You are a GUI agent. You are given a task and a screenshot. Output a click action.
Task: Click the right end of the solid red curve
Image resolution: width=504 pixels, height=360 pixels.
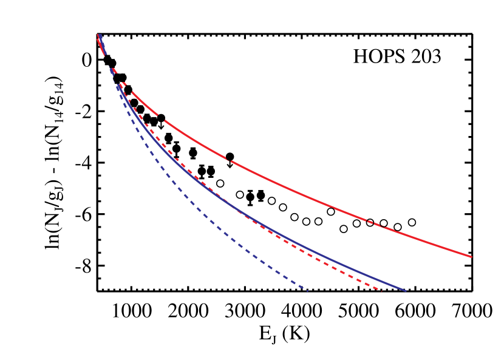pos(471,256)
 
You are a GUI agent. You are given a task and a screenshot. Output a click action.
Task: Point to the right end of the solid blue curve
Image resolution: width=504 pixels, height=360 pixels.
pos(404,291)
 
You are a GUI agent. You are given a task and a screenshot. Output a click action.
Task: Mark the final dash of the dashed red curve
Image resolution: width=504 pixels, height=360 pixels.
pos(378,289)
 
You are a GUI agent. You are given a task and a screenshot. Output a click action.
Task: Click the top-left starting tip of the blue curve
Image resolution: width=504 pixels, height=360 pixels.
pos(100,35)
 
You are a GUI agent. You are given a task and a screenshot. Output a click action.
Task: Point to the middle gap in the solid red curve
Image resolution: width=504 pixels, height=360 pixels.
pos(229,160)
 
